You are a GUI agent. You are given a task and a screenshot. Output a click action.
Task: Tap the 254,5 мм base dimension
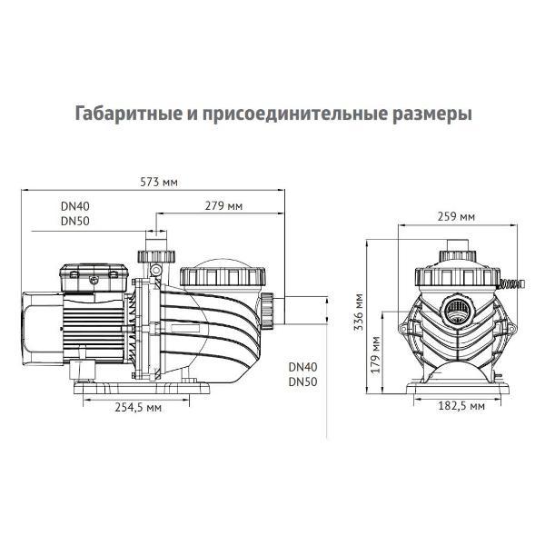[x=140, y=408]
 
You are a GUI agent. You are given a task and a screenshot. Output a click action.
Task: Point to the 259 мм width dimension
[x=456, y=217]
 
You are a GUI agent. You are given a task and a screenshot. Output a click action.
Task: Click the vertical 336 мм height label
[x=360, y=312]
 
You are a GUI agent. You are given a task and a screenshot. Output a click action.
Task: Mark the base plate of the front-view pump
[x=456, y=390]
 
